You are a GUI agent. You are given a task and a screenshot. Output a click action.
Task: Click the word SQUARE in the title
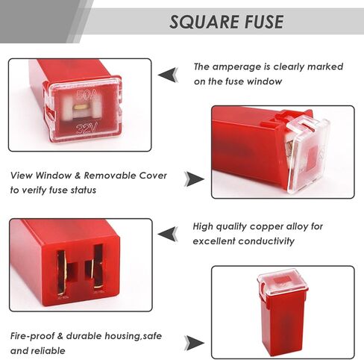click(204, 22)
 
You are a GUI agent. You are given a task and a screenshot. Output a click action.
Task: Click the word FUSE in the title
click(264, 22)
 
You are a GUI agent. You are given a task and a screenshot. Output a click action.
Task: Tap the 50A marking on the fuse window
click(87, 95)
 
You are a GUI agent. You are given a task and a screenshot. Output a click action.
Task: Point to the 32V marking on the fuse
click(87, 129)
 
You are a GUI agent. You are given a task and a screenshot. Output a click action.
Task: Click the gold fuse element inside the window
click(82, 107)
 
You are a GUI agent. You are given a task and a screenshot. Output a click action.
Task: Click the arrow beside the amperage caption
click(169, 75)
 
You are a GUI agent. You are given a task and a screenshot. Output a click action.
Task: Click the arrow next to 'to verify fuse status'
click(194, 179)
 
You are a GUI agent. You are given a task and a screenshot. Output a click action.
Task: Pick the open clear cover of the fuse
click(308, 155)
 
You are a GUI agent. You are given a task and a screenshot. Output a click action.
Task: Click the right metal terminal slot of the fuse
click(98, 267)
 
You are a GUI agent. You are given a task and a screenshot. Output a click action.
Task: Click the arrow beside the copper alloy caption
click(168, 234)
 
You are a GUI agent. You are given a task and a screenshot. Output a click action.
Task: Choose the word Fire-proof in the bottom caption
click(32, 336)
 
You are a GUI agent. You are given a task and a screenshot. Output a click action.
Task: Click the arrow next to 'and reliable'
click(194, 343)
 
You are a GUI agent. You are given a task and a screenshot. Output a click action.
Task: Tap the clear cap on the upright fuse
click(283, 282)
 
